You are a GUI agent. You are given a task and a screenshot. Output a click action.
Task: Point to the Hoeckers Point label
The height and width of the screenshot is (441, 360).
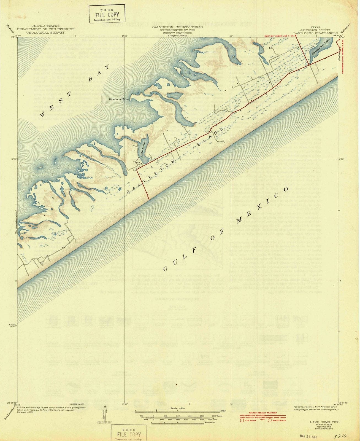click(x=119, y=99)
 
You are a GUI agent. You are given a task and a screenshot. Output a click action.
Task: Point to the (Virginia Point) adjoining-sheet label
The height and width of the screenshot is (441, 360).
click(x=178, y=36)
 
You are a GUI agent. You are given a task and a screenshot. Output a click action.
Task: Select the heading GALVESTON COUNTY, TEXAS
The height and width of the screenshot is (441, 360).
click(x=178, y=27)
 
